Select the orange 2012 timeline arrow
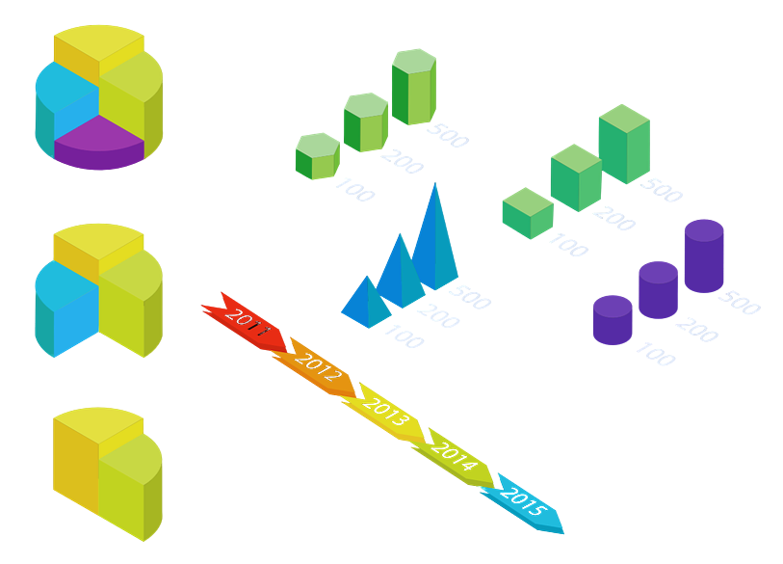tap(315, 364)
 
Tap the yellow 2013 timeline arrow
tap(385, 408)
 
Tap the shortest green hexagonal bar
tap(317, 156)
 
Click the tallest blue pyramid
tap(436, 241)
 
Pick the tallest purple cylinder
tap(703, 257)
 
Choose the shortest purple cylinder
tap(612, 320)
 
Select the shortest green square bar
tap(528, 214)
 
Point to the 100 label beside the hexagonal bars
tap(354, 189)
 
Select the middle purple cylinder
tap(658, 290)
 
